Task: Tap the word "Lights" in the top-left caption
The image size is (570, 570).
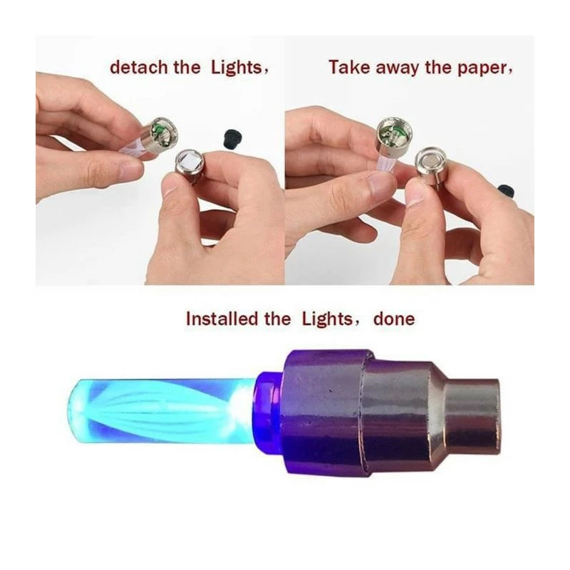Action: [237, 68]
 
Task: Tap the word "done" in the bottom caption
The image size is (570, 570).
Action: [394, 319]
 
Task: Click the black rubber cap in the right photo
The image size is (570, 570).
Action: [506, 190]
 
